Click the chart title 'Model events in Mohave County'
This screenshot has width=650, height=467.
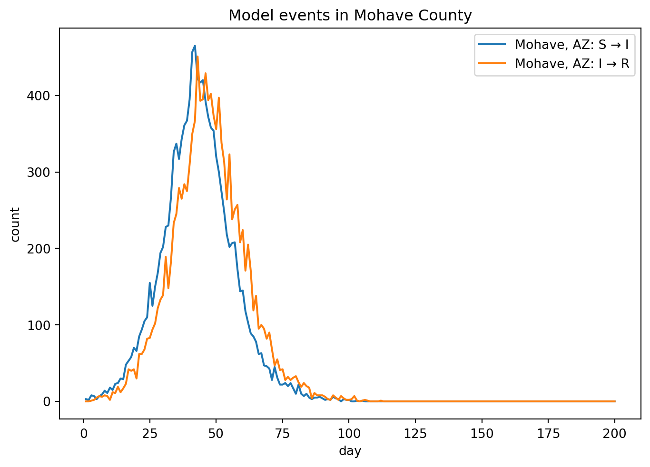[x=350, y=16]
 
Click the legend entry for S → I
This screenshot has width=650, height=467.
[x=571, y=45]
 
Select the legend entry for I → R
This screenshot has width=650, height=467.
[x=571, y=64]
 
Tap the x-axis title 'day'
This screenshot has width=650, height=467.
[x=350, y=451]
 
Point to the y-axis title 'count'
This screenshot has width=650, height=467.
[x=15, y=224]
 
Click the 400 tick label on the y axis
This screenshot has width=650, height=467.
[x=39, y=96]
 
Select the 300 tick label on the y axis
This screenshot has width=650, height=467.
[x=39, y=172]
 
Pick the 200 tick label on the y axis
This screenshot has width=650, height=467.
[x=39, y=249]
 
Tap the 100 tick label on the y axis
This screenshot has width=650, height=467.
[x=39, y=325]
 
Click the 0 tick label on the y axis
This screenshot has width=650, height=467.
[x=46, y=402]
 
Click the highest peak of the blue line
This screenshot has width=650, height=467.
[x=195, y=46]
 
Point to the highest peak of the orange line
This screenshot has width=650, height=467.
[x=197, y=57]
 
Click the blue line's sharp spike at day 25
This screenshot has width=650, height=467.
[x=150, y=283]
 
